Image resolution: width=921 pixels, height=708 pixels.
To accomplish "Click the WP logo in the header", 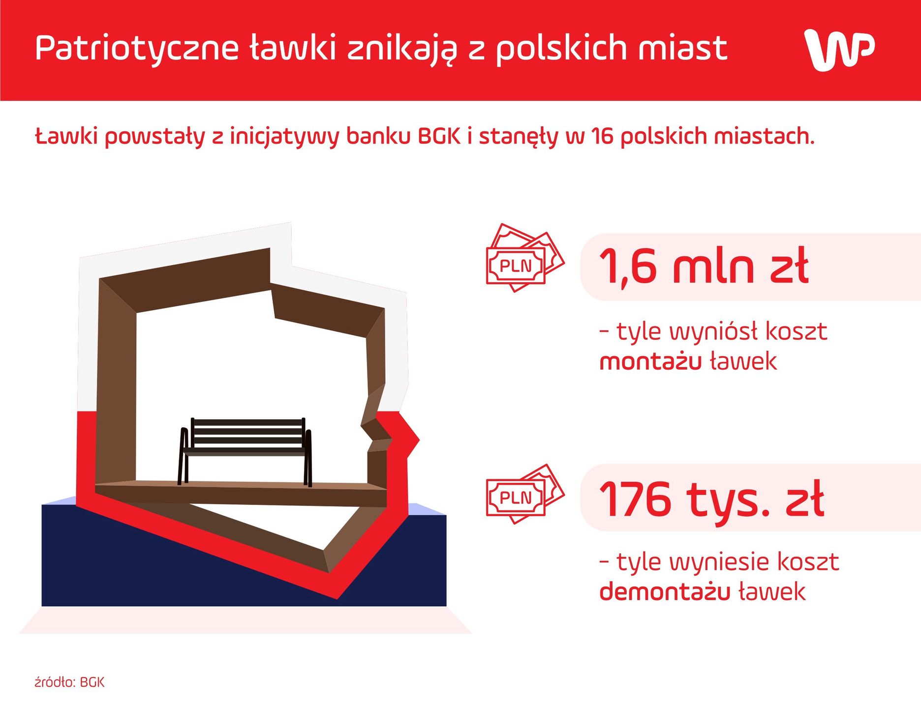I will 839,49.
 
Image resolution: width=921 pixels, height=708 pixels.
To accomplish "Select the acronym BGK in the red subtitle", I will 439,136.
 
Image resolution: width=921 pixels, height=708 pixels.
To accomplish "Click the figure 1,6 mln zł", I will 704,266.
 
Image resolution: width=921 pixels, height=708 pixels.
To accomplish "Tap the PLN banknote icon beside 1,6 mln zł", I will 523,258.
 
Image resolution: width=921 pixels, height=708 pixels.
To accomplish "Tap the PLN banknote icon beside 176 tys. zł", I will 523,494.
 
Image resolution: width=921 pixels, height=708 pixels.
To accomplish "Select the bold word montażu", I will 650,362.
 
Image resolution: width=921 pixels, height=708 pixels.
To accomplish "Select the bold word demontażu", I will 664,591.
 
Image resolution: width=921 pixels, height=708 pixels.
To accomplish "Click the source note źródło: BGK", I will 69,682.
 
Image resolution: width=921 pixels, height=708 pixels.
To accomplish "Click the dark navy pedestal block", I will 148,565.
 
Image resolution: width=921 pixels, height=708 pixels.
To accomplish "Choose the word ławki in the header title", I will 293,48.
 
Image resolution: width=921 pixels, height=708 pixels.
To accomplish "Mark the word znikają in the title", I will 402,49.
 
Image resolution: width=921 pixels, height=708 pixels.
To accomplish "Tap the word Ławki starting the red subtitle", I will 66,136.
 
